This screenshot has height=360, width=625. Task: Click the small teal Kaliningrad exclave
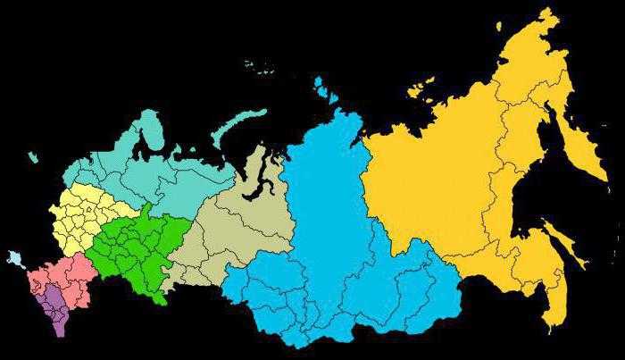(33, 158)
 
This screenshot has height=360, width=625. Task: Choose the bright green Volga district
(134, 246)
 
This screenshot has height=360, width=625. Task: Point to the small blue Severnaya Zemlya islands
(319, 85)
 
